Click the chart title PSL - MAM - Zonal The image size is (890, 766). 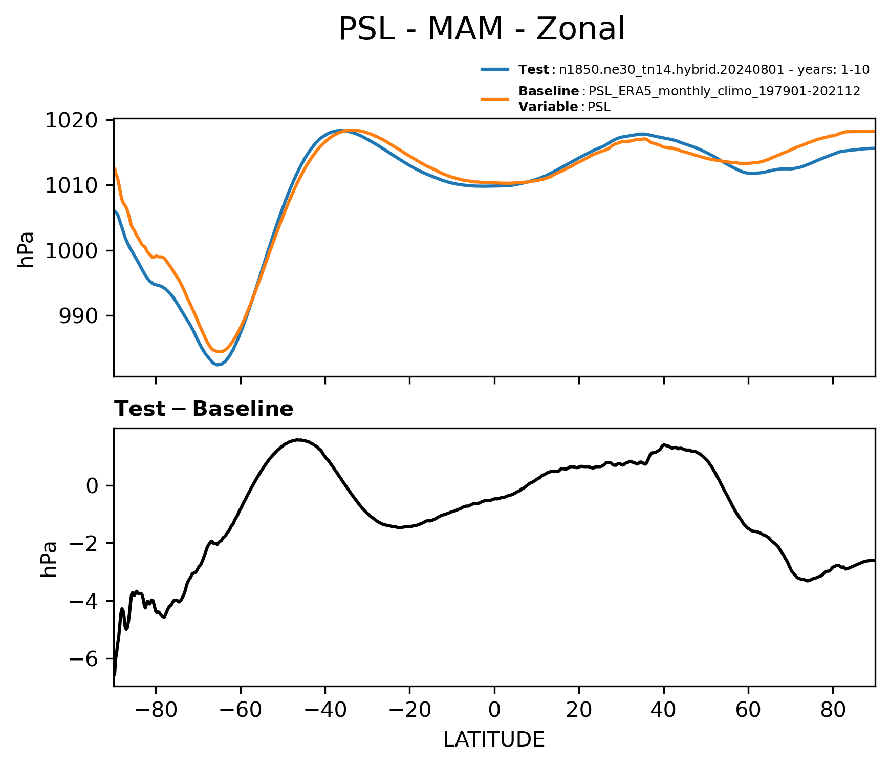(x=482, y=29)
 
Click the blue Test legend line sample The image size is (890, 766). (x=495, y=69)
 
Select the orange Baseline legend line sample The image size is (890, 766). (x=495, y=99)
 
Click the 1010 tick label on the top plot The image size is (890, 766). (x=72, y=185)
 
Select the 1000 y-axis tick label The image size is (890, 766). (x=72, y=250)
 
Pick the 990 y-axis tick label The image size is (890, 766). (x=78, y=316)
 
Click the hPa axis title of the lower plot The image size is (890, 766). (x=49, y=559)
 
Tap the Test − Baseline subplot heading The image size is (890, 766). (x=204, y=409)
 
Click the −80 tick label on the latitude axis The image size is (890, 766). (x=156, y=710)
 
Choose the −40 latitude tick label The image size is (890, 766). (x=325, y=710)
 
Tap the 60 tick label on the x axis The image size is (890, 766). (x=748, y=710)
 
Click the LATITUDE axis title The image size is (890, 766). (x=494, y=739)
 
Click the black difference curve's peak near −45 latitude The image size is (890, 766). (x=299, y=440)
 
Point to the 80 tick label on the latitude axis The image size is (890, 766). (x=833, y=710)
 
